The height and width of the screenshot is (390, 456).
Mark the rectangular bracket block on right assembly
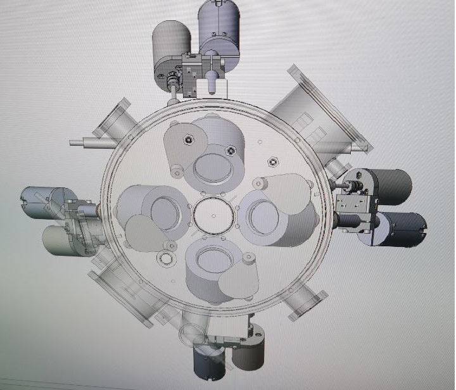click(x=352, y=203)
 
